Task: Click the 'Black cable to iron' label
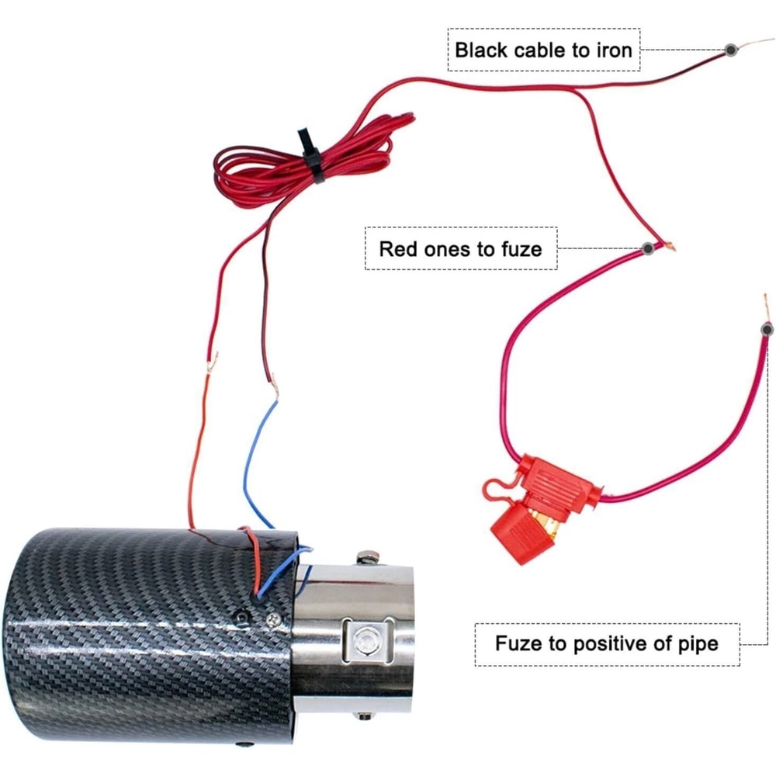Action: pyautogui.click(x=543, y=50)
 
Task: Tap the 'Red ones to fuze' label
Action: pyautogui.click(x=460, y=249)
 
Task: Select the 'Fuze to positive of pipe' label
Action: pyautogui.click(x=607, y=643)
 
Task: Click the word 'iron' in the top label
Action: pyautogui.click(x=613, y=50)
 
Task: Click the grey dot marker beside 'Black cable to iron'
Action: pyautogui.click(x=730, y=50)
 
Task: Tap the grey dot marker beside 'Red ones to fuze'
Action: pyautogui.click(x=647, y=249)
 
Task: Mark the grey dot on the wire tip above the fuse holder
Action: pyautogui.click(x=767, y=330)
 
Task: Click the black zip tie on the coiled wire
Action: pyautogui.click(x=310, y=154)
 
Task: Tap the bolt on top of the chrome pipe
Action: pyautogui.click(x=365, y=558)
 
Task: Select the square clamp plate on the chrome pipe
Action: pyautogui.click(x=362, y=641)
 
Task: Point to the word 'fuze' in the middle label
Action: pyautogui.click(x=521, y=249)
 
